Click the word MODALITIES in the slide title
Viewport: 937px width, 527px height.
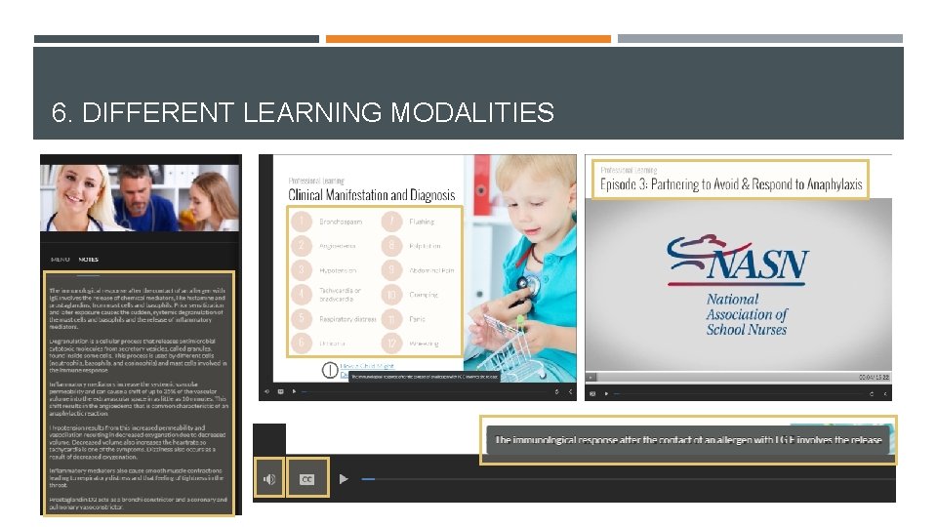tap(472, 113)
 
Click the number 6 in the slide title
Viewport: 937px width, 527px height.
tap(60, 113)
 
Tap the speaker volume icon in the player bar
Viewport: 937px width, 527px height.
tap(269, 479)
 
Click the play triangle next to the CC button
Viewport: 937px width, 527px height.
tap(344, 479)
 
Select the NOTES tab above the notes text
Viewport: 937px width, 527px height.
tap(89, 260)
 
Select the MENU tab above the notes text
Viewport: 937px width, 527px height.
tap(61, 260)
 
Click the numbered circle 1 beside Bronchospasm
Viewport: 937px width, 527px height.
tap(303, 222)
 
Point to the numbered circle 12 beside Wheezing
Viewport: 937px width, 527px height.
tap(391, 343)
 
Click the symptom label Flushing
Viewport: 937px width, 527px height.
tap(423, 222)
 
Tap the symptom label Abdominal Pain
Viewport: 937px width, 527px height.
tap(431, 270)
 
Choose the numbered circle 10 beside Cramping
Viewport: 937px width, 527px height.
tap(391, 294)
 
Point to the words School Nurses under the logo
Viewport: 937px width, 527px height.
tap(747, 330)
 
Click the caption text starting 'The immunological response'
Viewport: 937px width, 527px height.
tap(689, 440)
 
